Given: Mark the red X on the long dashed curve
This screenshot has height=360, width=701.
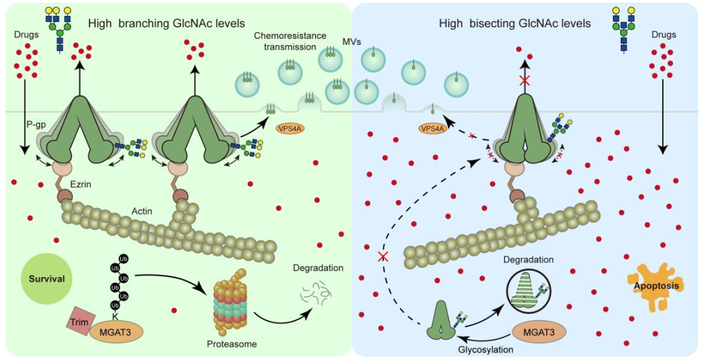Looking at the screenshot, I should (x=382, y=256).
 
